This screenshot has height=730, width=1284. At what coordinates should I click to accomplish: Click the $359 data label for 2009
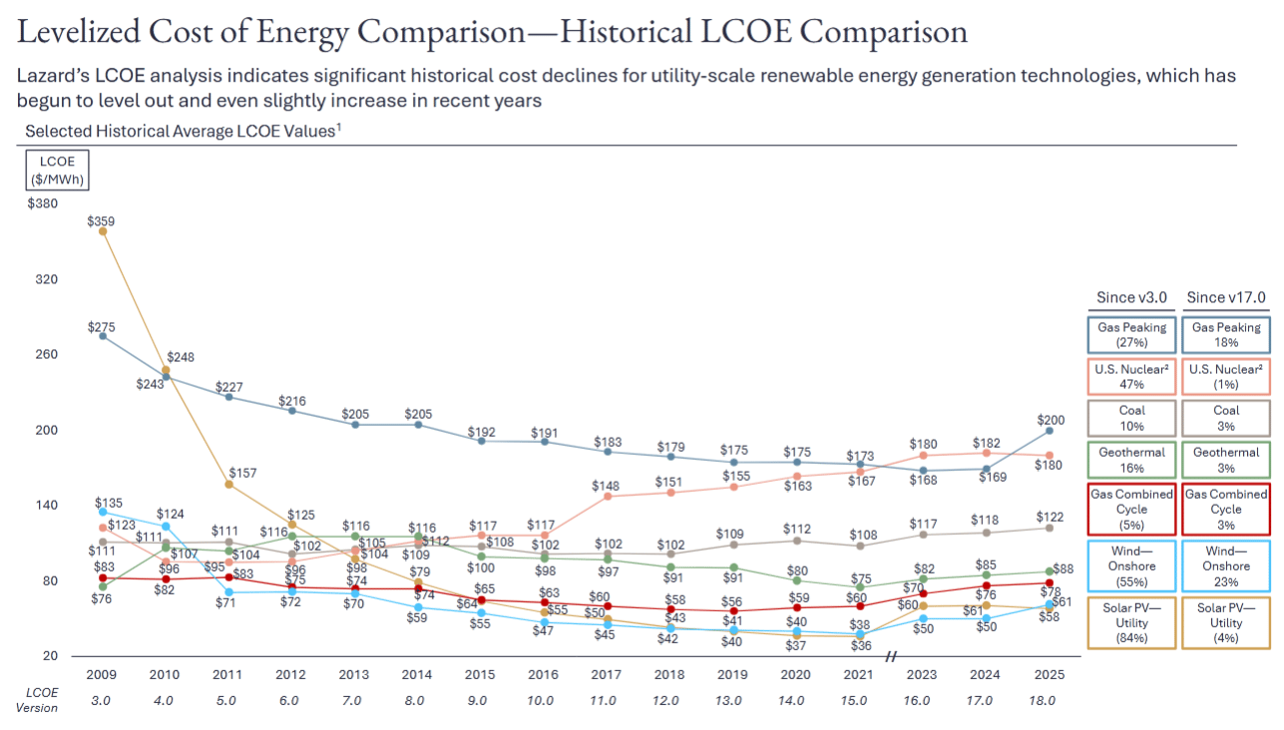coord(101,221)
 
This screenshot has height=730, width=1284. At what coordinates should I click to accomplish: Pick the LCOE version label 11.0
coord(603,701)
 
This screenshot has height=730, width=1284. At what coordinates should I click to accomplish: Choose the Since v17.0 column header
coord(1226,297)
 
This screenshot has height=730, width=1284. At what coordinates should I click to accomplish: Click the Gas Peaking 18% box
coord(1226,334)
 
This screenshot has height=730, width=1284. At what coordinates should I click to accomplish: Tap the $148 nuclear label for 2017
coord(606,486)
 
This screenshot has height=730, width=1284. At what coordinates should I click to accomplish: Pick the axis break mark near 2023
coord(891,656)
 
